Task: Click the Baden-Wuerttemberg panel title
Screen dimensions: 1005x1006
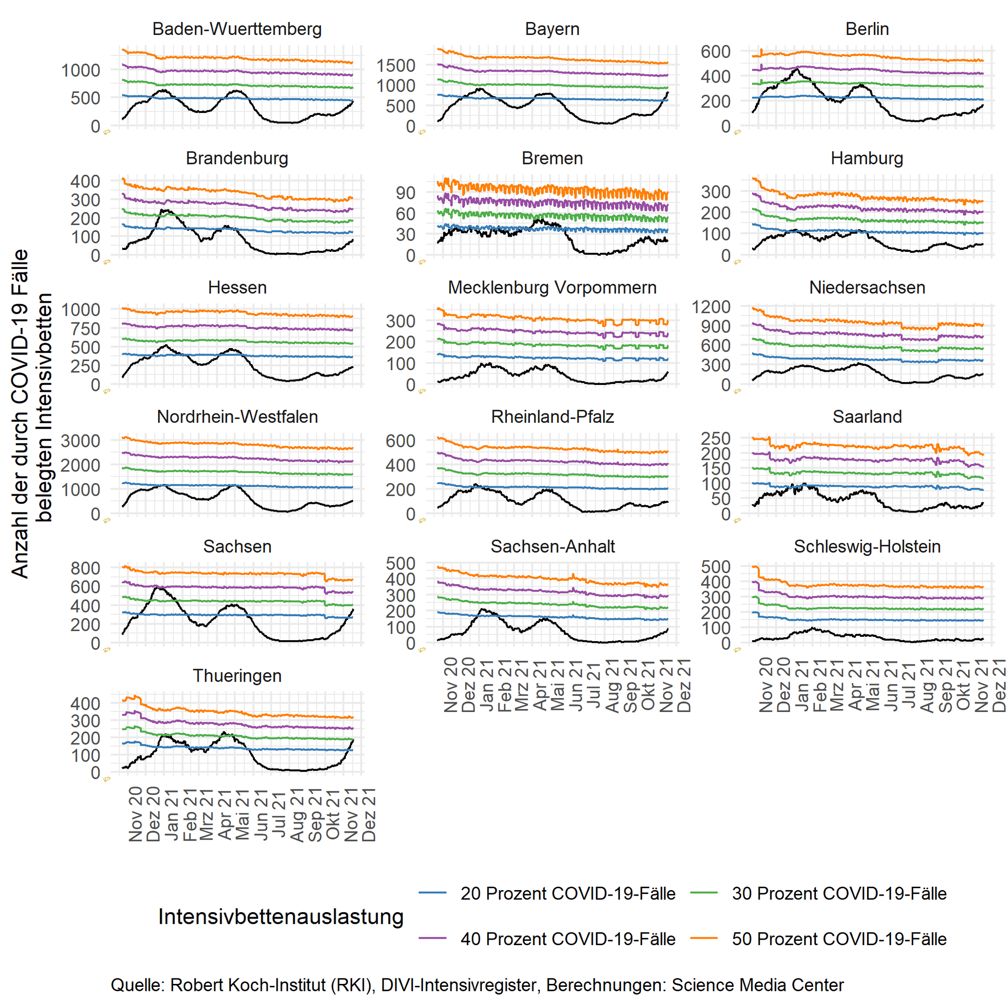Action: coord(237,28)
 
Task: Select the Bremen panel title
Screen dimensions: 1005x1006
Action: coord(552,158)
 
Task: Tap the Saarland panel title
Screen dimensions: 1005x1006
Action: coord(867,416)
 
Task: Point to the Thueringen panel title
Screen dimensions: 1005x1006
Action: coord(237,676)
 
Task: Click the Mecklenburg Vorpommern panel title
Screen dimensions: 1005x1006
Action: coord(552,287)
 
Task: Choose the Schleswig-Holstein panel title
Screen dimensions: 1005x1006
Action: coord(867,546)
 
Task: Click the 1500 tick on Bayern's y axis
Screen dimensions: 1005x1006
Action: coord(396,66)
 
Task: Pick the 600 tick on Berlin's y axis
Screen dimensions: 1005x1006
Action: coord(715,52)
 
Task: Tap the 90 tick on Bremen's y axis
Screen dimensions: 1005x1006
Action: coord(405,192)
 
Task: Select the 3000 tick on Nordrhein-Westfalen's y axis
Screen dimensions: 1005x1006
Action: coord(81,441)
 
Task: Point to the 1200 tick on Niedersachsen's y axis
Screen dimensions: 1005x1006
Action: coord(711,306)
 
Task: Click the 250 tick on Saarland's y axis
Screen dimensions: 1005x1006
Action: coord(715,438)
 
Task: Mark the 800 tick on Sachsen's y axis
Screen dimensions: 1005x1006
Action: coord(85,568)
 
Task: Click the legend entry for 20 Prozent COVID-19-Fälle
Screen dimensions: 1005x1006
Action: coord(567,893)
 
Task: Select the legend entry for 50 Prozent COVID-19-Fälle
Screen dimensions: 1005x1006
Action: coord(839,938)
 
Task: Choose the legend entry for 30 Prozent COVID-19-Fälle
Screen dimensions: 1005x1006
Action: coord(839,893)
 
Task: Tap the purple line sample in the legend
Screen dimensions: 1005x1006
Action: coord(432,938)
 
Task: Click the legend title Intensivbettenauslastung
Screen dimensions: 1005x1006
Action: coord(280,917)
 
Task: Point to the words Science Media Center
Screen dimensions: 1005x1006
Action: coord(757,985)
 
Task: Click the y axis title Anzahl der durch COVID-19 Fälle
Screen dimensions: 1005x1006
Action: coord(20,414)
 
